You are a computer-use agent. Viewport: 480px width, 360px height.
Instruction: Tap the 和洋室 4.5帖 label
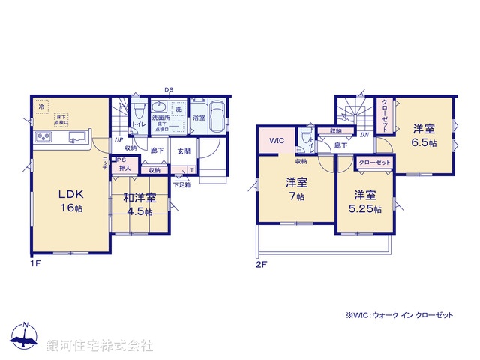140,205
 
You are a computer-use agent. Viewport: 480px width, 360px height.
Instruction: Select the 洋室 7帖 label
295,189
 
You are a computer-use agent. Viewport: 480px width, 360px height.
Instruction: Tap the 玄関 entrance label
183,151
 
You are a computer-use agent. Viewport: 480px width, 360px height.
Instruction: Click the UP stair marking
118,140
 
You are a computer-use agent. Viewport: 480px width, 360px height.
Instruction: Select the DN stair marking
364,135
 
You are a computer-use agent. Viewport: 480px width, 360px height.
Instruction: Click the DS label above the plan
169,90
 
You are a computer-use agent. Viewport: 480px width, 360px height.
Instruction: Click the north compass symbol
24,337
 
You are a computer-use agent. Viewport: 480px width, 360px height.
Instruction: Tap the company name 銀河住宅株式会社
100,345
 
